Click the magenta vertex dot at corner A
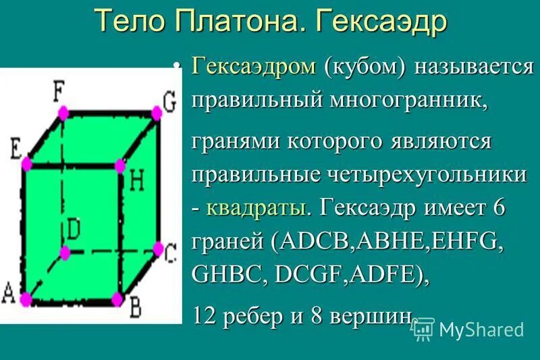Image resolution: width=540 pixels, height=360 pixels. [26, 298]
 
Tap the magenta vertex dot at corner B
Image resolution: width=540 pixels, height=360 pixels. [117, 298]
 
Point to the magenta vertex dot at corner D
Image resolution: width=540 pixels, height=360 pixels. [65, 253]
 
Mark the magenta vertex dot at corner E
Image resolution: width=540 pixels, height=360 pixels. [26, 163]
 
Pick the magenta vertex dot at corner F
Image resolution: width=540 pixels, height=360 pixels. [62, 111]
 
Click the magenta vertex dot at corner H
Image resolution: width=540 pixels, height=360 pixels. [120, 164]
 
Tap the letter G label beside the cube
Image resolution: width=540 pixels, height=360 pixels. [169, 101]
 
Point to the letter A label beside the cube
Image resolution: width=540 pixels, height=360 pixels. [9, 293]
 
